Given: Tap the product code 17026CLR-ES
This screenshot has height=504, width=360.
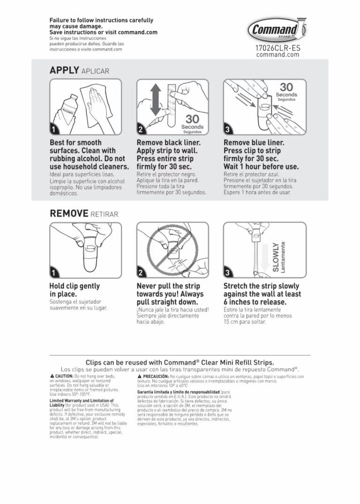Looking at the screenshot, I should pyautogui.click(x=277, y=48).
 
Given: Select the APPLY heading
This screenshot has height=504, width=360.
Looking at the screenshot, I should pyautogui.click(x=64, y=70).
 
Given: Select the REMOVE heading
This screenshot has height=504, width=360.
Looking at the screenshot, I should pyautogui.click(x=69, y=214).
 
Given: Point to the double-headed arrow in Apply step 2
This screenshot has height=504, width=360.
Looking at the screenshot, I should pyautogui.click(x=154, y=106).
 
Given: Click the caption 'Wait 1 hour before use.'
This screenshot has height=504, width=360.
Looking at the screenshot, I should pyautogui.click(x=261, y=167).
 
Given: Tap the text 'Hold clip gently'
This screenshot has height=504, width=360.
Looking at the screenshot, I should pyautogui.click(x=75, y=286).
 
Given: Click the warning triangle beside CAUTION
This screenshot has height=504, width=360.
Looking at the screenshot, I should pyautogui.click(x=52, y=376).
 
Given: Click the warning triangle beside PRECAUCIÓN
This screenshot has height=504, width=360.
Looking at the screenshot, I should pyautogui.click(x=139, y=376).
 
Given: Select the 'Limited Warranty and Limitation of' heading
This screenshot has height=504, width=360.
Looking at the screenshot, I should pyautogui.click(x=82, y=401).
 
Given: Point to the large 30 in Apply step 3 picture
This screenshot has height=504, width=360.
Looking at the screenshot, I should pyautogui.click(x=286, y=88).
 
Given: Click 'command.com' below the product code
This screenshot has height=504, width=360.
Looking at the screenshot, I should pyautogui.click(x=277, y=55).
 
